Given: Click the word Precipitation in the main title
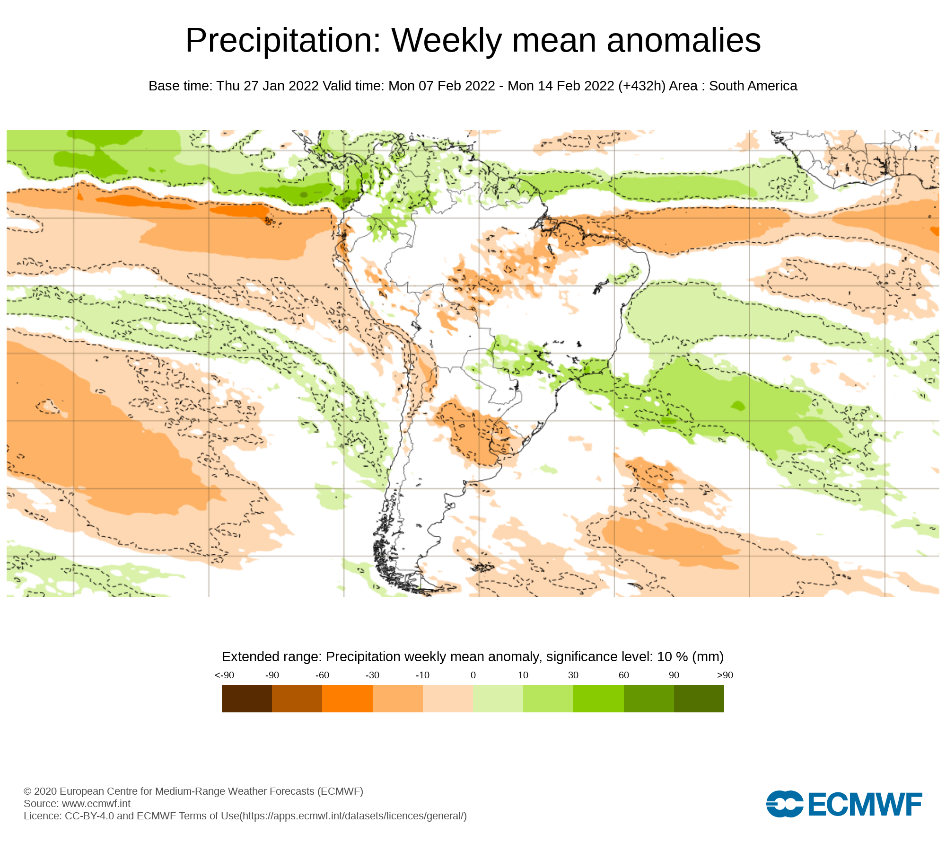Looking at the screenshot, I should (283, 41).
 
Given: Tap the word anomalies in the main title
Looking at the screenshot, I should (683, 41).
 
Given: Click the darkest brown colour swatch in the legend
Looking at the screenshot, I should (246, 698).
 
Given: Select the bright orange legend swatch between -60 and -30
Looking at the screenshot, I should (347, 698).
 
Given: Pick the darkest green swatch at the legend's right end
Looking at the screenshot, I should (699, 698).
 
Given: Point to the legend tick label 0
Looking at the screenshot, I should (473, 675).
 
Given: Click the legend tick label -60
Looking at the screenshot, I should (322, 675).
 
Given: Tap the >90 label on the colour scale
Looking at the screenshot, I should (725, 675).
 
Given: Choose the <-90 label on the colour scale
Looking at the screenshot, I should (224, 675).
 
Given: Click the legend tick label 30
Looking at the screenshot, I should (573, 675).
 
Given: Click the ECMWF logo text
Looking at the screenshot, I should (865, 804).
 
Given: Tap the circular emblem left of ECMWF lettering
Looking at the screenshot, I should (785, 804).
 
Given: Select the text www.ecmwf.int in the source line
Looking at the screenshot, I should (96, 803).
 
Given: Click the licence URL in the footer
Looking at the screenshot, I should (353, 816).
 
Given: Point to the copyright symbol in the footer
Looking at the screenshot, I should (27, 791).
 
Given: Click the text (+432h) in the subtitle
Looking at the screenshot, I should (641, 86).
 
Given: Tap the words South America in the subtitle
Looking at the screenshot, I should (753, 86).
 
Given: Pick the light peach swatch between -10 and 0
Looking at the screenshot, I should (447, 698).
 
